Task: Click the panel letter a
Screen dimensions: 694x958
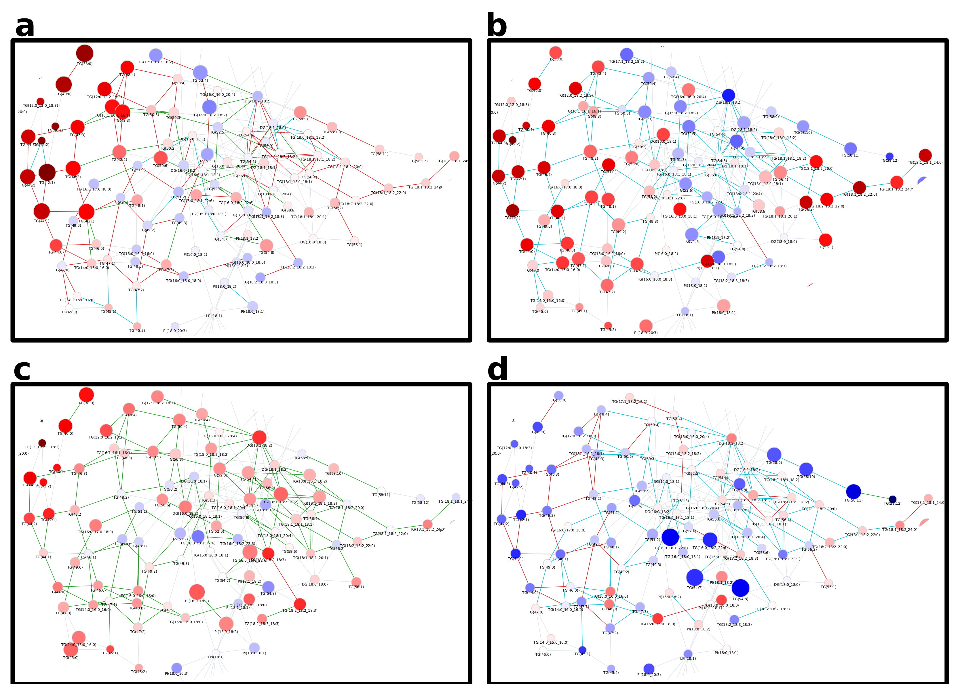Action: coord(24,26)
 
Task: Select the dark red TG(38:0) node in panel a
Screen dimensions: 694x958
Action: coord(84,53)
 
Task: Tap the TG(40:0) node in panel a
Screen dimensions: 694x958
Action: coord(63,84)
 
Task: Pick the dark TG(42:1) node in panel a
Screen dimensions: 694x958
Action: coord(47,172)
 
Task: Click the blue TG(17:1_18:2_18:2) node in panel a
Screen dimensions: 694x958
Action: coord(155,55)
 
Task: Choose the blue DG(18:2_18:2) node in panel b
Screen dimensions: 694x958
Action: coord(728,95)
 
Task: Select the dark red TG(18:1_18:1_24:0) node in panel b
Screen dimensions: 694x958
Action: coord(925,155)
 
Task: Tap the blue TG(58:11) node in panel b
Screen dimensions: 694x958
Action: coord(850,148)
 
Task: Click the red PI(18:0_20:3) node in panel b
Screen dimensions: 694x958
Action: coord(646,325)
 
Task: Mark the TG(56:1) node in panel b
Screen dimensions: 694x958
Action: coord(825,240)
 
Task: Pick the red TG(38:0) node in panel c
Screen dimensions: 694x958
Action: coord(86,395)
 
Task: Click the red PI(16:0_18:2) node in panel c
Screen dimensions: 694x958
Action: coord(197,592)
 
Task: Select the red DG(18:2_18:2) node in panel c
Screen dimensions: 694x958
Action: coord(259,437)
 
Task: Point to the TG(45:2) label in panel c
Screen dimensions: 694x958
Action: coord(138,672)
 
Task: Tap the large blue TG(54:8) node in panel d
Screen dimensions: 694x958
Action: coord(740,588)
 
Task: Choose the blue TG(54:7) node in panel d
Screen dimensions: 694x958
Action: coord(694,577)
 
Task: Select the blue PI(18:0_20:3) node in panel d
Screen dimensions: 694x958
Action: coord(649,669)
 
